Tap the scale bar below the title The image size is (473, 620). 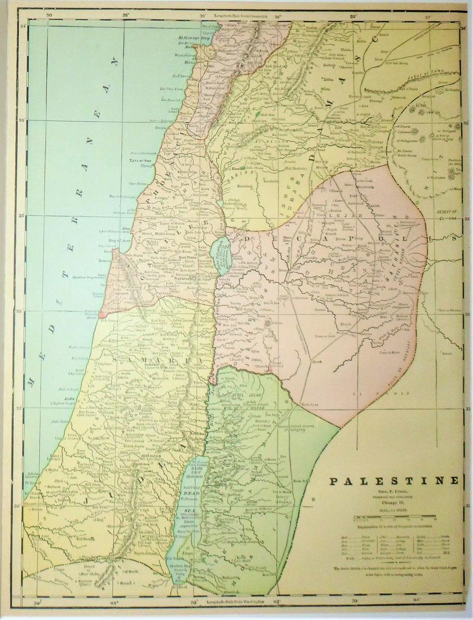[394, 516]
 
